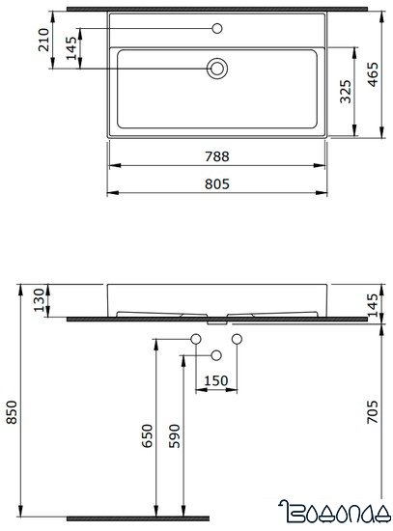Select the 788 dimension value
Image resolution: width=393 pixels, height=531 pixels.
point(217,157)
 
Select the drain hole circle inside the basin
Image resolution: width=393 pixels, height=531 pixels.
point(217,68)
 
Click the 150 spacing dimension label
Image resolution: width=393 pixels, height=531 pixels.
point(217,378)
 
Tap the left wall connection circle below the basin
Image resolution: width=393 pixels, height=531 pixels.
point(196,339)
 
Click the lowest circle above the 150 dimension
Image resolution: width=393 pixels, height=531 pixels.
point(217,354)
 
